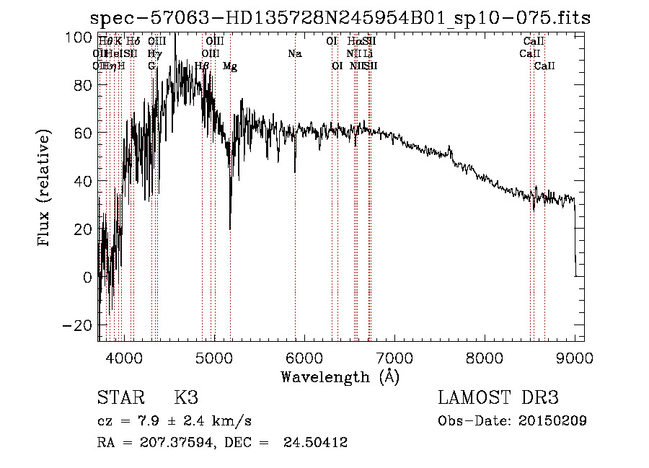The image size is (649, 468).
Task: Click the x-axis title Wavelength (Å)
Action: pos(340,376)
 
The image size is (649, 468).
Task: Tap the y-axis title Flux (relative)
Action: pos(44,187)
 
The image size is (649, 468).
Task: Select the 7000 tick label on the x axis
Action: pos(394,356)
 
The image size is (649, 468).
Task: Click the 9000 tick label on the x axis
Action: pos(574,356)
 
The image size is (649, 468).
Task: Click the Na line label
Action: pos(294,54)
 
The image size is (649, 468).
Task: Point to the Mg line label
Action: pos(230,66)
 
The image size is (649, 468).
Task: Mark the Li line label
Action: pos(368,54)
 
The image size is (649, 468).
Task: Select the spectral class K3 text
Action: pos(186,398)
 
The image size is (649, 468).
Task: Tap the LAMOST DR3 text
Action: pos(498,398)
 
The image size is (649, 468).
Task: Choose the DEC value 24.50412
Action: pos(317,443)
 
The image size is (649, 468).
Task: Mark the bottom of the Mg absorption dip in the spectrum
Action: pos(230,229)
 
